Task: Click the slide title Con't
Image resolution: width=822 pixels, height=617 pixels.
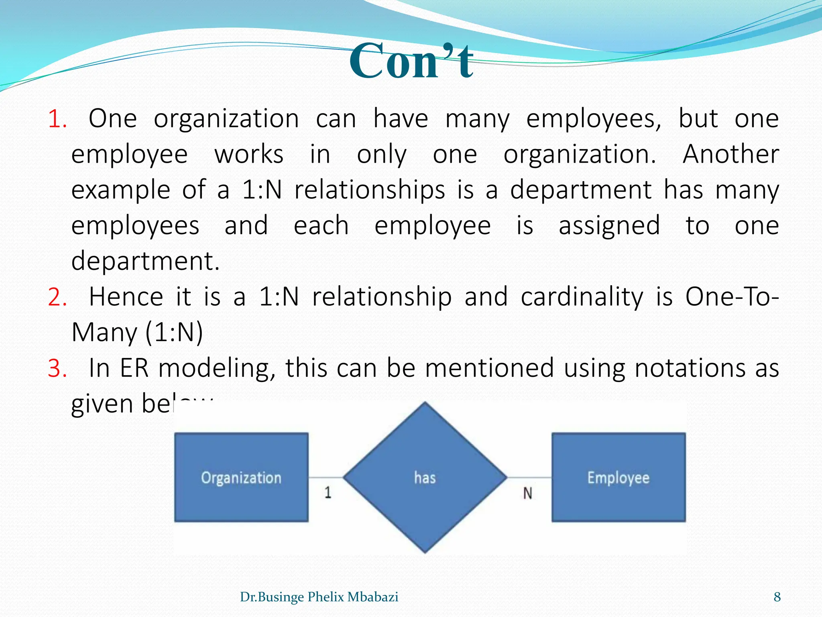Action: click(411, 61)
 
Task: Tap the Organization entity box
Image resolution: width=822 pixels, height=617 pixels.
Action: click(241, 477)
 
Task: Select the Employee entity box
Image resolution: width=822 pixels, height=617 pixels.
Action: click(619, 477)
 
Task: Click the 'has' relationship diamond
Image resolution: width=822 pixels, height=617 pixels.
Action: click(425, 477)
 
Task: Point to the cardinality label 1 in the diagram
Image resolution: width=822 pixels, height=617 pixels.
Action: click(328, 492)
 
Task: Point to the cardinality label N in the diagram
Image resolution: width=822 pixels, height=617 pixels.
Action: click(527, 493)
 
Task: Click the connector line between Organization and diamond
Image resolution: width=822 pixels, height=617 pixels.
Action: click(326, 477)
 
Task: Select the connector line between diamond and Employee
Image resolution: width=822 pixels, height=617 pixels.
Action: click(529, 477)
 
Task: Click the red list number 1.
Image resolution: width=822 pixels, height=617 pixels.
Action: click(57, 119)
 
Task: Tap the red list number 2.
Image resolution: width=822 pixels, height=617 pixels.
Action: click(57, 298)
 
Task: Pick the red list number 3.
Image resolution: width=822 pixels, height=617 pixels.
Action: click(57, 368)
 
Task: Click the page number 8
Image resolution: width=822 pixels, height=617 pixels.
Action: click(777, 597)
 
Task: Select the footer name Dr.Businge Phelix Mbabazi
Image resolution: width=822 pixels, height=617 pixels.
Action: click(319, 597)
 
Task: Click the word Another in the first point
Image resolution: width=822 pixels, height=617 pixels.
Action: click(730, 154)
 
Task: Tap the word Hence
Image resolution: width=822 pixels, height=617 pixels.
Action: click(126, 297)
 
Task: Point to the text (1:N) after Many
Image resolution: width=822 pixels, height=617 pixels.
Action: click(174, 333)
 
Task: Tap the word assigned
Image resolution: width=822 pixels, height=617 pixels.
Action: click(609, 225)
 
